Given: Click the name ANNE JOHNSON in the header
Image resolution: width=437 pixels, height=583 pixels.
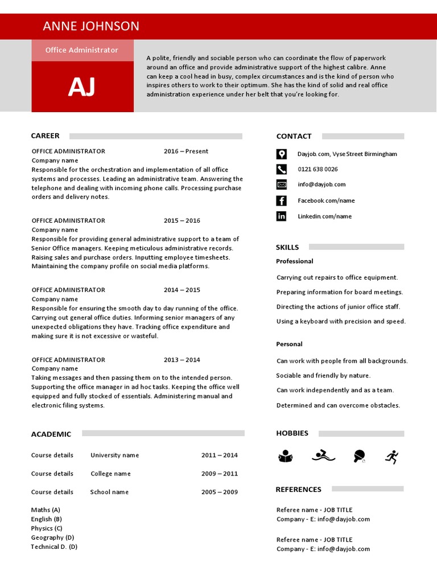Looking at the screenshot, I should point(91,26).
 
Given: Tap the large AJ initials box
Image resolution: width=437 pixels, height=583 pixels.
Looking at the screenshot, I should point(82,87).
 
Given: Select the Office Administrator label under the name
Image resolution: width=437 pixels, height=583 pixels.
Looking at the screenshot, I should point(82,50).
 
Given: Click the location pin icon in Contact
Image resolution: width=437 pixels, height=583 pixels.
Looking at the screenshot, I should point(282,154).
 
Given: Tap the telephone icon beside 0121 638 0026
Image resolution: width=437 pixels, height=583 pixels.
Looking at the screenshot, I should point(282,169).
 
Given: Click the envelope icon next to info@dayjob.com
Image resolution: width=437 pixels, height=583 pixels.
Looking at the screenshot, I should point(282,184).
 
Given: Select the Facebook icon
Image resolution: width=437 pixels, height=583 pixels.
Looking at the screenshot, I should point(282,200).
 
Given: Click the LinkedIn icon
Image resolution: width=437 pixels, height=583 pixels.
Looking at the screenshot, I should point(282,216).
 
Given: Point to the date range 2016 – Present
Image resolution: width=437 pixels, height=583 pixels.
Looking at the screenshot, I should point(186,151).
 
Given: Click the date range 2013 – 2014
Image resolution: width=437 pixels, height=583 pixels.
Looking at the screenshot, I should point(182,360).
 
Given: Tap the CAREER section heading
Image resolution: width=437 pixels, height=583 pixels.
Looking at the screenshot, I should point(45,136).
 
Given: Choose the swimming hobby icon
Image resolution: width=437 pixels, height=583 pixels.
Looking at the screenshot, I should point(324,456).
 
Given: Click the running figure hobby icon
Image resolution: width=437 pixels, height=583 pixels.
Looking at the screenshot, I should point(391,456).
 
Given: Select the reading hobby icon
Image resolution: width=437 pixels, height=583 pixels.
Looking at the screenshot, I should point(285,456).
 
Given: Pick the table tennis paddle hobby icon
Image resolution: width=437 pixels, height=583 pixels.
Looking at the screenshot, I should point(359,456).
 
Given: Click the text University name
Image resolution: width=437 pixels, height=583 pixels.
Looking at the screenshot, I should point(114,455).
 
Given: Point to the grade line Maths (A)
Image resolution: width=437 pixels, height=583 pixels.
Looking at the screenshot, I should point(46,510).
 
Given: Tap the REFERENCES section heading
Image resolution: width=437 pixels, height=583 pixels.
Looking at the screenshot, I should point(298,490).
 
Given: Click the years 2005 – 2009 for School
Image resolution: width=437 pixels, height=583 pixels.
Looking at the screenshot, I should point(220,492).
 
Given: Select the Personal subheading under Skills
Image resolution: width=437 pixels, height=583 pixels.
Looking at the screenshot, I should point(289,344).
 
